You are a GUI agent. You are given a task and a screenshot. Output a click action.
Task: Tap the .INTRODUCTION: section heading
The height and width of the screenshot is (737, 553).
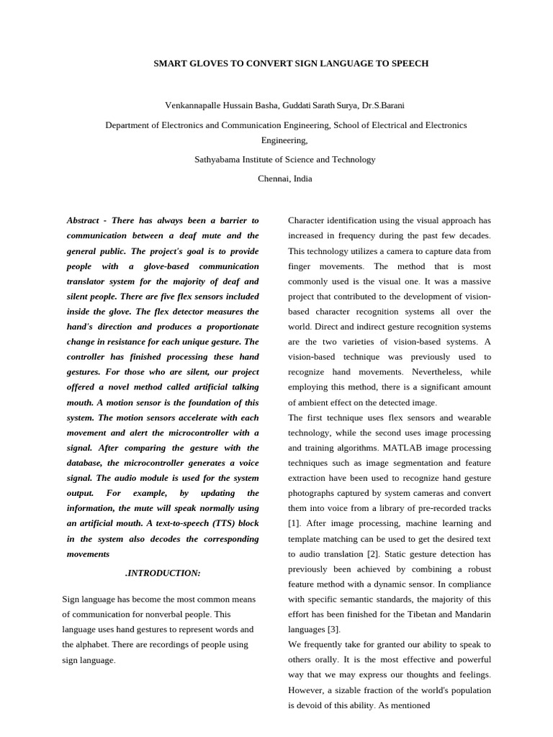tap(163, 573)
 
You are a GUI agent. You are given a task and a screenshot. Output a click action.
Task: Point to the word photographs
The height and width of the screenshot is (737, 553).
tap(314, 493)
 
